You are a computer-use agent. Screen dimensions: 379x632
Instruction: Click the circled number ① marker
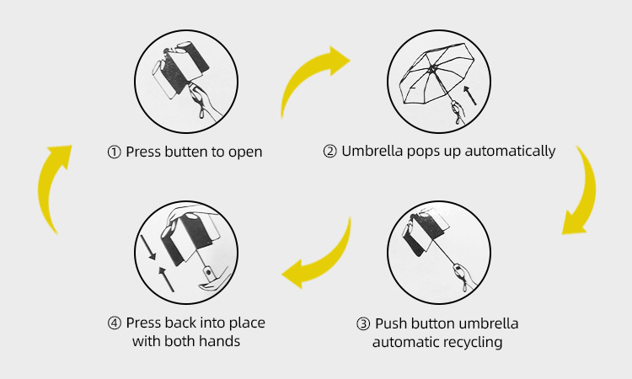pyautogui.click(x=114, y=152)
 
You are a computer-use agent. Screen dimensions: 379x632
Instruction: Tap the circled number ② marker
pyautogui.click(x=329, y=152)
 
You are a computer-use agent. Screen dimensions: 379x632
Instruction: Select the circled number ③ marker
pyautogui.click(x=363, y=324)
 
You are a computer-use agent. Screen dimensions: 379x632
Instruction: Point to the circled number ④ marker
pyautogui.click(x=114, y=323)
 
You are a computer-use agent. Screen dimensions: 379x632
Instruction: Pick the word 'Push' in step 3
pyautogui.click(x=390, y=324)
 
